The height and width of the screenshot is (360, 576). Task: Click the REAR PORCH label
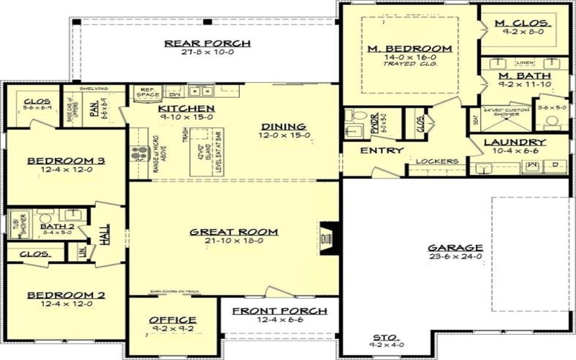pyautogui.click(x=207, y=43)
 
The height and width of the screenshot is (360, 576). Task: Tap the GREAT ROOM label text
pyautogui.click(x=224, y=232)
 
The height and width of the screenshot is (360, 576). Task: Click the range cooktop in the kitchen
pyautogui.click(x=138, y=155)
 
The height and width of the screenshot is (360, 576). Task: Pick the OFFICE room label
pyautogui.click(x=172, y=320)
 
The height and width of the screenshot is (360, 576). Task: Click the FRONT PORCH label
pyautogui.click(x=280, y=311)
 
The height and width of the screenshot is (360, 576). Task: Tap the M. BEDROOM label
pyautogui.click(x=410, y=49)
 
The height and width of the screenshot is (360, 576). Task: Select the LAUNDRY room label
pyautogui.click(x=515, y=143)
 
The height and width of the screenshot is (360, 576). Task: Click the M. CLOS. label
pyautogui.click(x=523, y=24)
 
